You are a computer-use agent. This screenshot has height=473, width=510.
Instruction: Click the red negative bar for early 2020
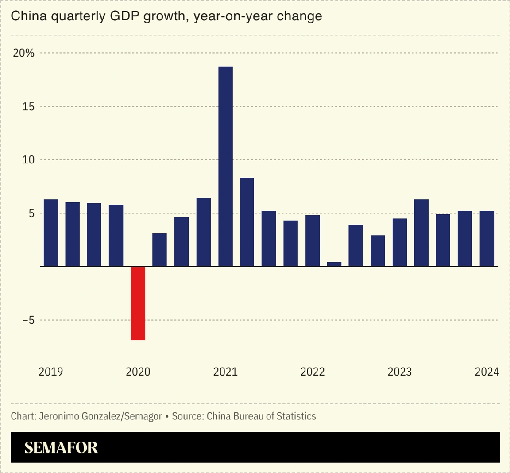click(x=138, y=303)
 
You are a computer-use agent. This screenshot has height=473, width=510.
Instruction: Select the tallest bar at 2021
click(x=225, y=167)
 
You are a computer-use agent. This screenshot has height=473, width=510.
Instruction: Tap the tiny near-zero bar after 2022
click(x=334, y=264)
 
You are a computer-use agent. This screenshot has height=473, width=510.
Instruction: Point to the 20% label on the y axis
click(x=23, y=53)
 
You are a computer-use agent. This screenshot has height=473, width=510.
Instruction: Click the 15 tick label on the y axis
click(x=28, y=107)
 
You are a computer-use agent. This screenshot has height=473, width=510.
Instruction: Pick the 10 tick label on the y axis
click(x=28, y=160)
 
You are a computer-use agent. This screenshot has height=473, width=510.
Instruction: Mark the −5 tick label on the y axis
click(x=28, y=320)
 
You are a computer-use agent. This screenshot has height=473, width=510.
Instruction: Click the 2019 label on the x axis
click(x=51, y=372)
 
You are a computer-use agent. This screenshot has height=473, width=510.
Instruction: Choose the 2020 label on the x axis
click(x=138, y=372)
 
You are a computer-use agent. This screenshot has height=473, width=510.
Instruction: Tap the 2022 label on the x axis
click(x=313, y=372)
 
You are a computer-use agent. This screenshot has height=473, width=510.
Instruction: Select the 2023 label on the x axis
click(x=400, y=372)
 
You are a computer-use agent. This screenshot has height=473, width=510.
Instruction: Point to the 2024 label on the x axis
click(x=487, y=372)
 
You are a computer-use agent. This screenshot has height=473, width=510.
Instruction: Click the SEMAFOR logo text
click(x=61, y=448)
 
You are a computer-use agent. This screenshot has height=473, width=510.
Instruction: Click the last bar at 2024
click(x=487, y=239)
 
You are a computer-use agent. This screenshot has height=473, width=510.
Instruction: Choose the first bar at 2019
click(x=51, y=233)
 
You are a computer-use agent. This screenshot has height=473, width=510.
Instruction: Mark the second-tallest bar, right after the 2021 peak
click(x=247, y=222)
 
